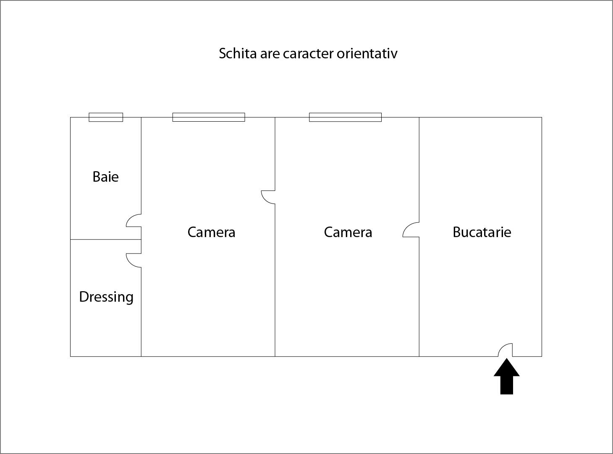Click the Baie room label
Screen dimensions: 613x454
pyautogui.click(x=105, y=177)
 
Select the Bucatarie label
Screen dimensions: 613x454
pyautogui.click(x=482, y=232)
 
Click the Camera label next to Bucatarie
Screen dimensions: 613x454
pyautogui.click(x=348, y=232)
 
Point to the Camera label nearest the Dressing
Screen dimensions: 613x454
pyautogui.click(x=212, y=232)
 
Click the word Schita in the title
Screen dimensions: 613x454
pyautogui.click(x=238, y=53)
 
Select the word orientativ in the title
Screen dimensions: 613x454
pyautogui.click(x=367, y=53)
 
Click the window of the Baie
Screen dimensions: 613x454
pyautogui.click(x=106, y=117)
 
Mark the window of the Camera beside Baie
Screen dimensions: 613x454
pyautogui.click(x=209, y=117)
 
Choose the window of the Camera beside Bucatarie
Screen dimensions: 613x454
pyautogui.click(x=345, y=117)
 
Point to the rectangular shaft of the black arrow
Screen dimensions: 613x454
pyautogui.click(x=507, y=385)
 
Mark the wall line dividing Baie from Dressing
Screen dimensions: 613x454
pyautogui.click(x=106, y=239)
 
